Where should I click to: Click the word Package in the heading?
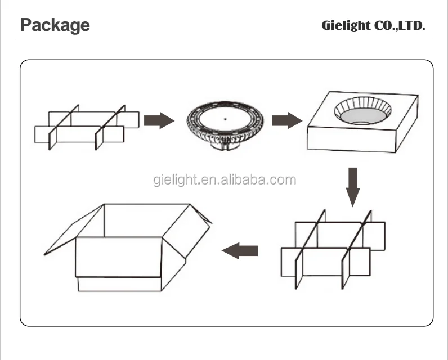[55, 25]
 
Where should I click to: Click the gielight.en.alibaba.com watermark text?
[225, 180]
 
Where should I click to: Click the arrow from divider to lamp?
[159, 120]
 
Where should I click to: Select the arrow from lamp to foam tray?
[287, 120]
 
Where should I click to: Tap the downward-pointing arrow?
[353, 187]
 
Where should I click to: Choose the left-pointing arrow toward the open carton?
[240, 251]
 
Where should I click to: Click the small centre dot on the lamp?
[225, 119]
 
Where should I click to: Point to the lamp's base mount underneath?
[225, 146]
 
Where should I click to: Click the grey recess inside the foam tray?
[362, 117]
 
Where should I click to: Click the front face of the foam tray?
[351, 140]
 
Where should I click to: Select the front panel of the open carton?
[119, 257]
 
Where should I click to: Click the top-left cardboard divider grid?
[87, 127]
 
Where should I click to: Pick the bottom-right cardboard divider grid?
[333, 250]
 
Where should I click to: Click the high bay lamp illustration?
[225, 125]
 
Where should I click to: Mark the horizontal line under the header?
[225, 40]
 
